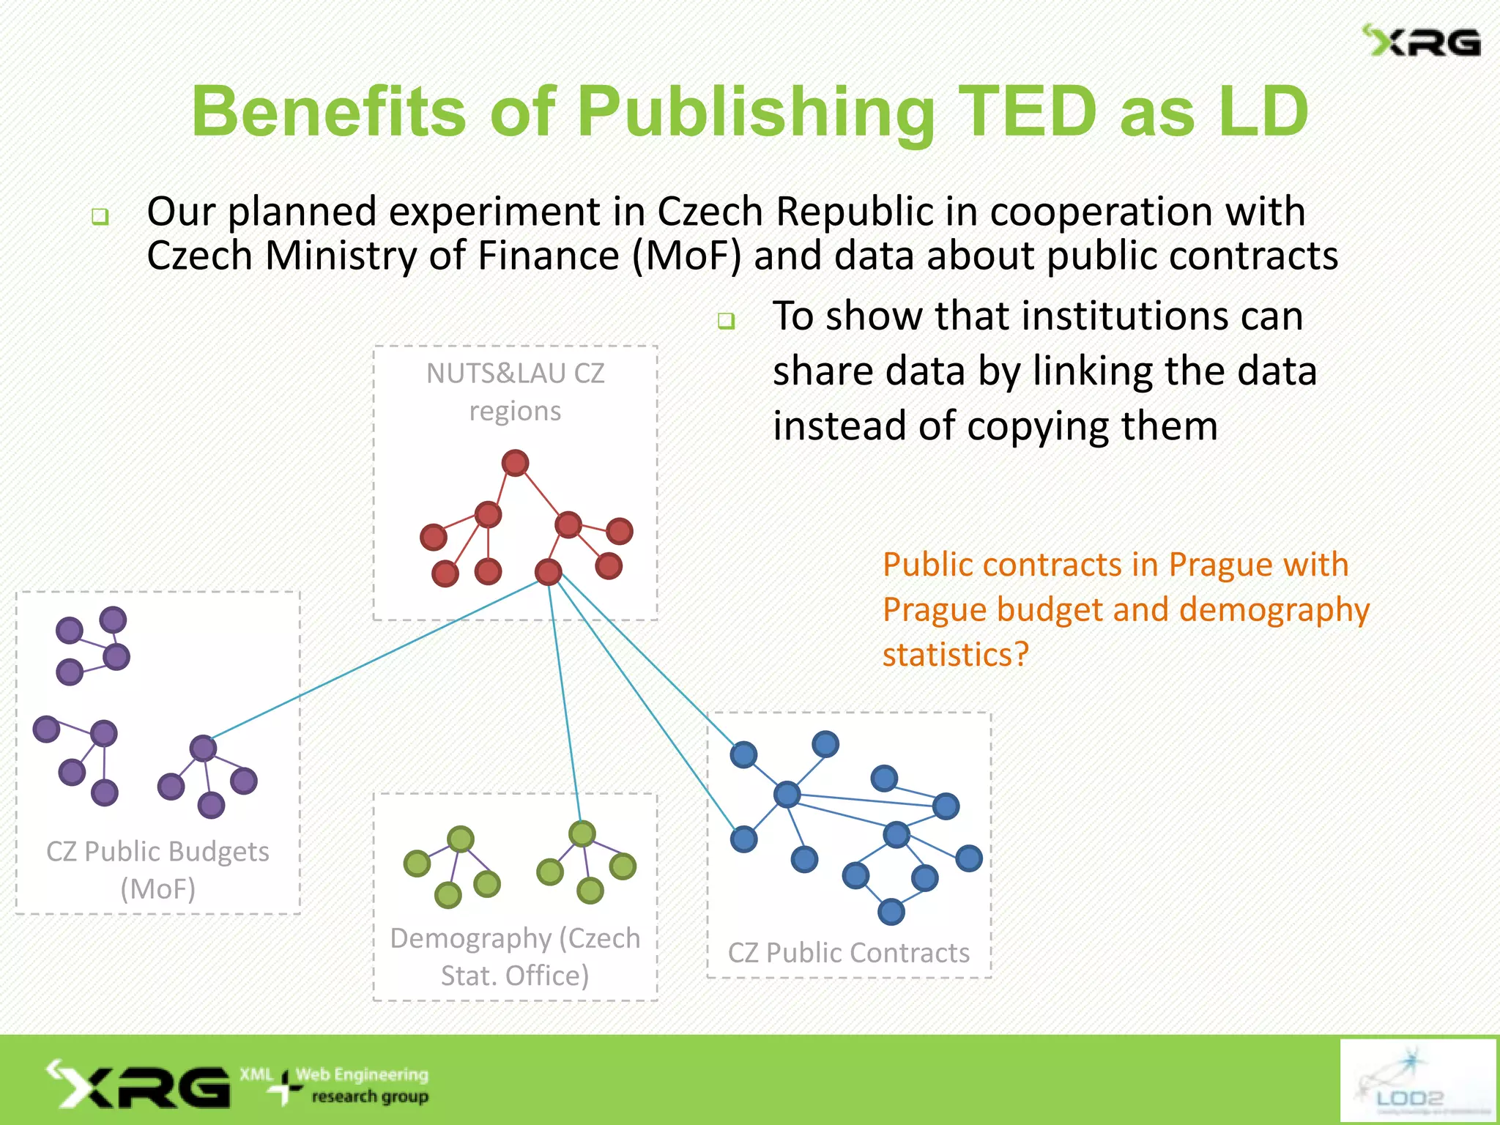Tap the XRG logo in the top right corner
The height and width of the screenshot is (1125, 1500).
pyautogui.click(x=1422, y=42)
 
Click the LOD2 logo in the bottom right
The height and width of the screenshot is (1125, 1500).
pyautogui.click(x=1417, y=1080)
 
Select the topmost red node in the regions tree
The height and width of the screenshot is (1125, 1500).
pyautogui.click(x=515, y=463)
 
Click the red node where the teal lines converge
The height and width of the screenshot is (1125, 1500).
pyautogui.click(x=548, y=571)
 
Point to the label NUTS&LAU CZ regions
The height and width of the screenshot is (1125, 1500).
pyautogui.click(x=515, y=392)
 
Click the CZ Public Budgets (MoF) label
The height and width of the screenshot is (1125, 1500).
pyautogui.click(x=157, y=869)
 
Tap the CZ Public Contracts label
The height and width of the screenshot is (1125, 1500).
pyautogui.click(x=848, y=952)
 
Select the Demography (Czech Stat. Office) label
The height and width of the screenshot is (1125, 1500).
pyautogui.click(x=515, y=956)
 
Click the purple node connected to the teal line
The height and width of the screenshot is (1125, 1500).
pyautogui.click(x=203, y=748)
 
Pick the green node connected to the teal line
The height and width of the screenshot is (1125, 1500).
pyautogui.click(x=582, y=833)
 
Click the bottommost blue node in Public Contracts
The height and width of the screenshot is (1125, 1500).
pyautogui.click(x=891, y=912)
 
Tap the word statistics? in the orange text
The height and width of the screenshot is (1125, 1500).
pyautogui.click(x=956, y=654)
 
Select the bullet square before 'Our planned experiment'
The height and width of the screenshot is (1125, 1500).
pyautogui.click(x=100, y=217)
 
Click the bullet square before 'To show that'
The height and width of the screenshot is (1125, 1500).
pyautogui.click(x=726, y=321)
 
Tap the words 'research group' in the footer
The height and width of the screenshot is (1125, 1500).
pyautogui.click(x=370, y=1096)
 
